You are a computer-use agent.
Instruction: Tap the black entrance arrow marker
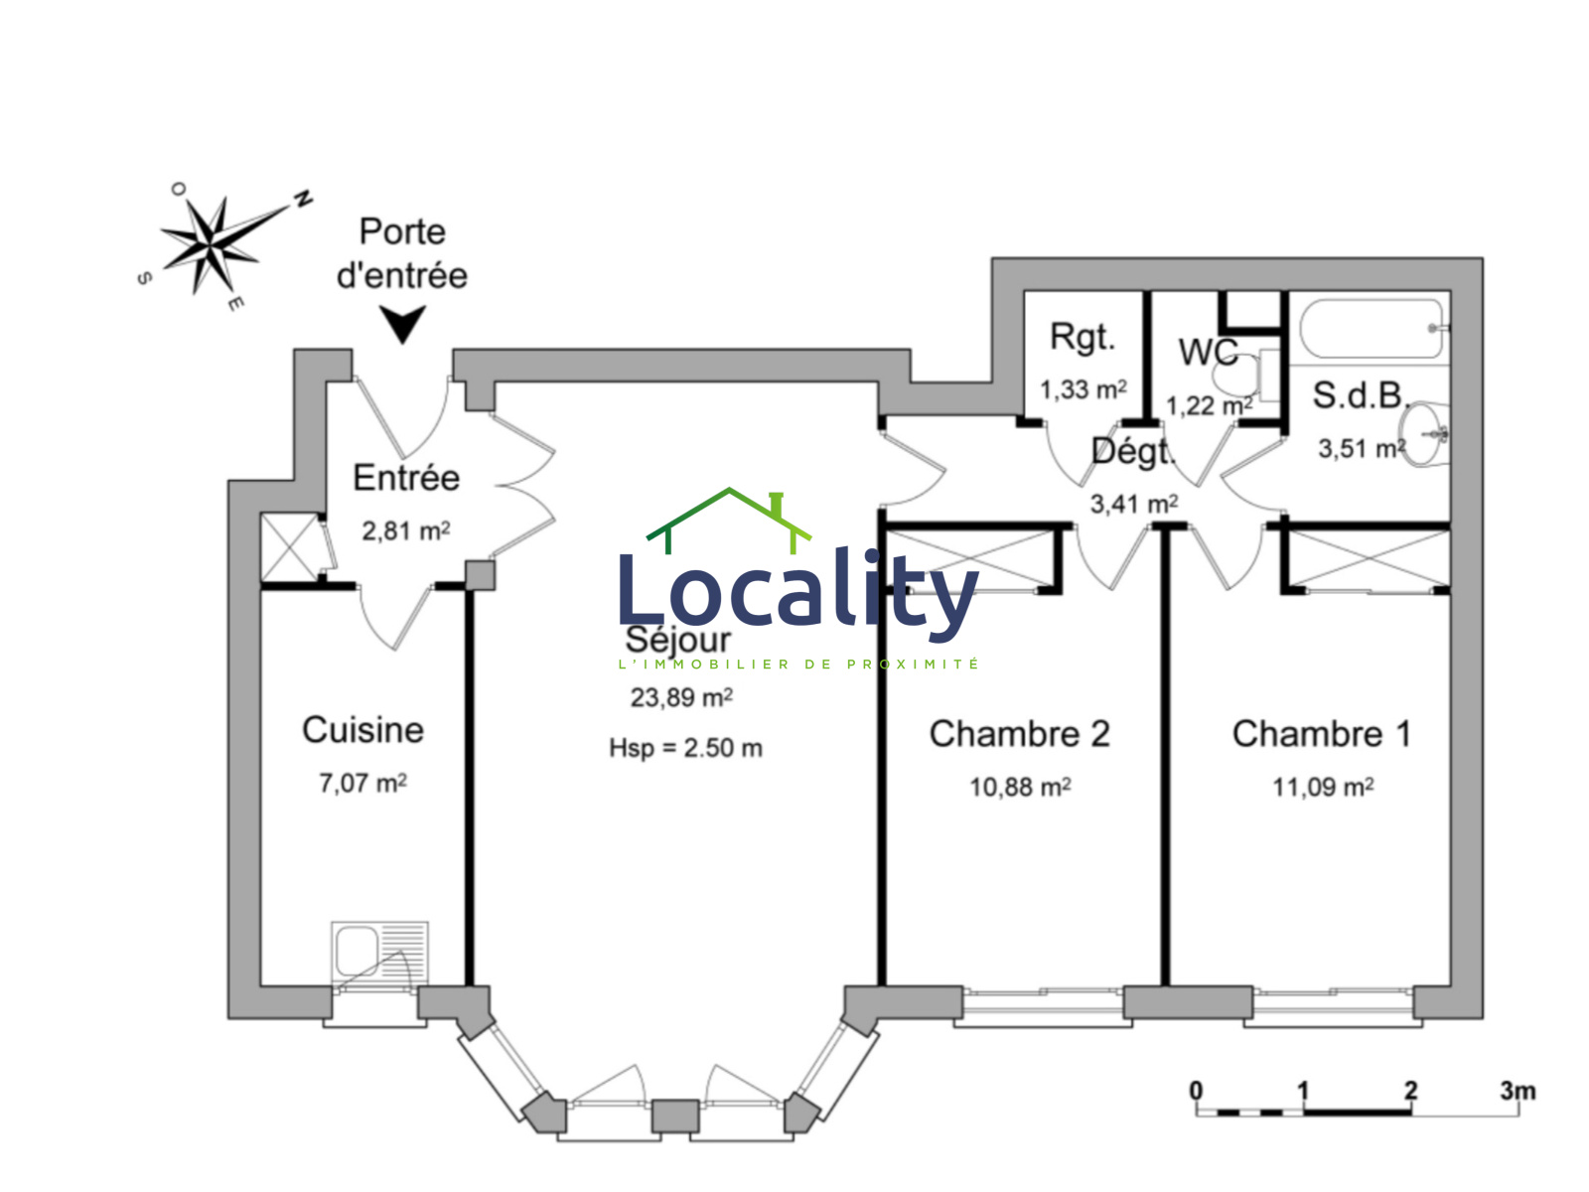pyautogui.click(x=403, y=324)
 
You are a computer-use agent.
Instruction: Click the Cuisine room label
pyautogui.click(x=362, y=730)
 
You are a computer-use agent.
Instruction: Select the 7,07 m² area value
pyautogui.click(x=362, y=784)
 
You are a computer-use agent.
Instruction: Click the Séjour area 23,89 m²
pyautogui.click(x=681, y=698)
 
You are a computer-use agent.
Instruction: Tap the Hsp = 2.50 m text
pyautogui.click(x=685, y=748)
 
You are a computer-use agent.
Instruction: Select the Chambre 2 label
pyautogui.click(x=1019, y=734)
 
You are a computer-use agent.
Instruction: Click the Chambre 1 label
pyautogui.click(x=1321, y=734)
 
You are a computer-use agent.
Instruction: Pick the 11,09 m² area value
pyautogui.click(x=1323, y=788)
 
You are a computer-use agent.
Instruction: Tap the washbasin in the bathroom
pyautogui.click(x=1428, y=433)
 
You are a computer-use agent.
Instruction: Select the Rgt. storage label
pyautogui.click(x=1083, y=338)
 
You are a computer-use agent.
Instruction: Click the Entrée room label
pyautogui.click(x=406, y=478)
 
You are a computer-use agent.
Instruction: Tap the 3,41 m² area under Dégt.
pyautogui.click(x=1134, y=505)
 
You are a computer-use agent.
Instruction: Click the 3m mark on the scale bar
pyautogui.click(x=1517, y=1091)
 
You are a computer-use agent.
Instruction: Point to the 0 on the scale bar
pyautogui.click(x=1196, y=1091)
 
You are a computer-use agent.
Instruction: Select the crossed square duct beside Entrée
pyautogui.click(x=289, y=546)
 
